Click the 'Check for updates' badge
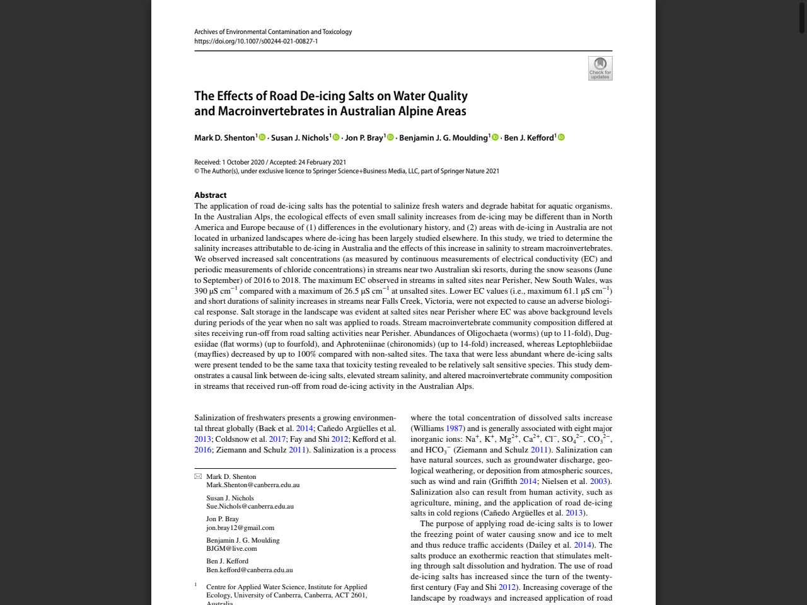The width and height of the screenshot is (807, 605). [600, 68]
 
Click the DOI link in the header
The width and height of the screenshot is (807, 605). [256, 42]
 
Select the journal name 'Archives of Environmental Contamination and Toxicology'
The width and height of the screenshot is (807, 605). [273, 32]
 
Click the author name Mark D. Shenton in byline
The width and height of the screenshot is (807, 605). [224, 138]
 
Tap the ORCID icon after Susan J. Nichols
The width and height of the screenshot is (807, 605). [336, 137]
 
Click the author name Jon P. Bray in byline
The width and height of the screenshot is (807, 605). [364, 138]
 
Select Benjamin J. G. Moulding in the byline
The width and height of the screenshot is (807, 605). [443, 138]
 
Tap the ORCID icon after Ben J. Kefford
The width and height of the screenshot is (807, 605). [561, 137]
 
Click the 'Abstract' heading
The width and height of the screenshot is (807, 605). [210, 195]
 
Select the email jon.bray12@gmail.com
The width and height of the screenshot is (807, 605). [240, 527]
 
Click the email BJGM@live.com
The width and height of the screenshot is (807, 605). [231, 549]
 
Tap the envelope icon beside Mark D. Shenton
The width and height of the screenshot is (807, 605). [198, 476]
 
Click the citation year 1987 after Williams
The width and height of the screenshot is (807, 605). [455, 429]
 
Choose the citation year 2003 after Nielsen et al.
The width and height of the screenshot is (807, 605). [598, 481]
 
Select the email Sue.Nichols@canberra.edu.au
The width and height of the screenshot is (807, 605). [250, 506]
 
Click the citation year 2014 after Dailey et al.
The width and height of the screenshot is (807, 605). [583, 545]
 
